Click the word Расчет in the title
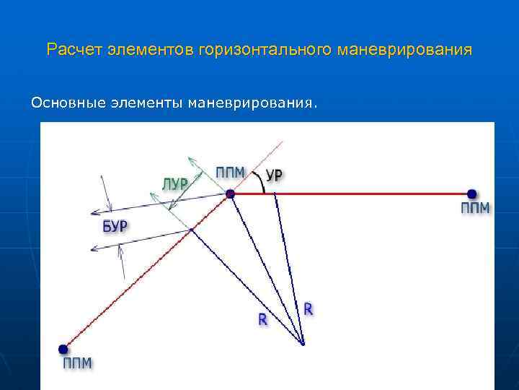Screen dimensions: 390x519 [x=74, y=51]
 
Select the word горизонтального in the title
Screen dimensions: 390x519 [x=267, y=51]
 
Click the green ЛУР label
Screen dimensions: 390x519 [x=174, y=183]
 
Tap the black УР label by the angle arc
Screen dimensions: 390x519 [x=275, y=175]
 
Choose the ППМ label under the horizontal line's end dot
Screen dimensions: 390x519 [x=475, y=209]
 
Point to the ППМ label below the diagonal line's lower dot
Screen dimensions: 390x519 [x=77, y=363]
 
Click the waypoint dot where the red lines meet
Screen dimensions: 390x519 [x=230, y=194]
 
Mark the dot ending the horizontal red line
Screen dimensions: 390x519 [x=471, y=194]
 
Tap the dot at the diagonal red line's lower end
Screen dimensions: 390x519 [x=64, y=348]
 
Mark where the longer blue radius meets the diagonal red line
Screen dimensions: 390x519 [x=192, y=230]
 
